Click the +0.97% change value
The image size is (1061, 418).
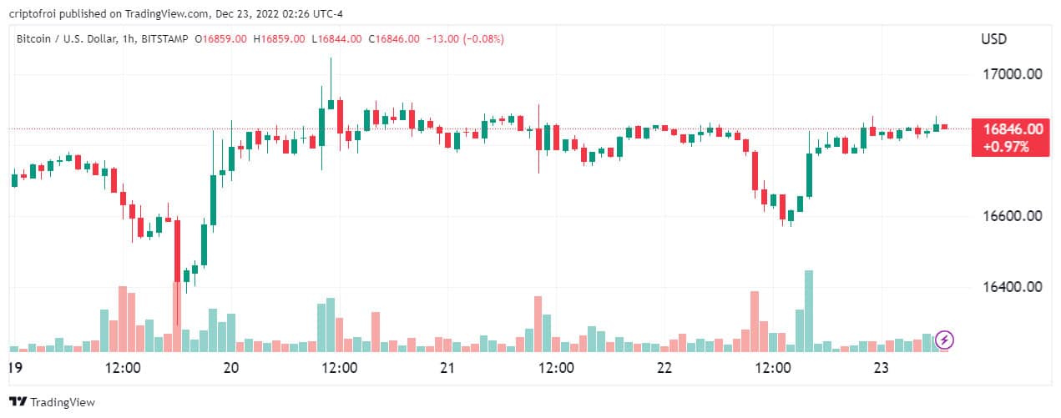[1006, 146]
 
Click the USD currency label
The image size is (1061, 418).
[994, 39]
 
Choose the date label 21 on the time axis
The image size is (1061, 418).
[447, 368]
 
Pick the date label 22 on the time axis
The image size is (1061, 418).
[664, 368]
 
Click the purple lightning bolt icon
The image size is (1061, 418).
[945, 340]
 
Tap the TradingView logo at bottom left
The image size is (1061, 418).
[52, 402]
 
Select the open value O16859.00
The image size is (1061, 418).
[220, 38]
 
